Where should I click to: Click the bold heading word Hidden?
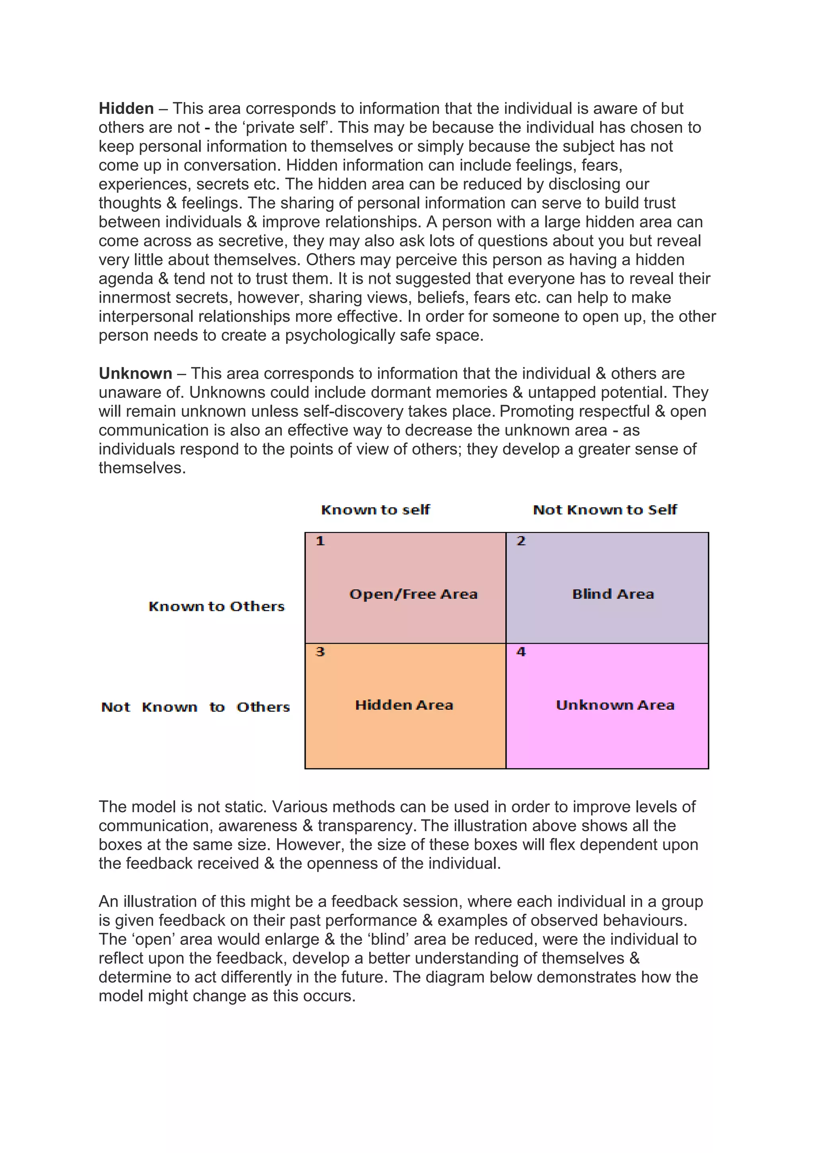pyautogui.click(x=126, y=108)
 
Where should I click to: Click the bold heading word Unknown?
pyautogui.click(x=135, y=373)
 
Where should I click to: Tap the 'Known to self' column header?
pyautogui.click(x=375, y=510)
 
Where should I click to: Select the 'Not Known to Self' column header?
pyautogui.click(x=605, y=510)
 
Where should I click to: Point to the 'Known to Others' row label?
pyautogui.click(x=216, y=607)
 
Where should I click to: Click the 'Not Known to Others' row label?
pyautogui.click(x=195, y=707)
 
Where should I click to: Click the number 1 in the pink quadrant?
pyautogui.click(x=320, y=541)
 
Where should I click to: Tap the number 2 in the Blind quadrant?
pyautogui.click(x=521, y=541)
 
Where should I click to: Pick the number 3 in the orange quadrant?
pyautogui.click(x=320, y=652)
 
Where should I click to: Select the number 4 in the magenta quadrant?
pyautogui.click(x=521, y=652)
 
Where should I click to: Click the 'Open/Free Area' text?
pyautogui.click(x=413, y=594)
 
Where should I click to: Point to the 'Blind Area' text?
pyautogui.click(x=613, y=594)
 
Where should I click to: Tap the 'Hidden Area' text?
pyautogui.click(x=404, y=705)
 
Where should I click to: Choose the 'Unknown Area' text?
pyautogui.click(x=615, y=705)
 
